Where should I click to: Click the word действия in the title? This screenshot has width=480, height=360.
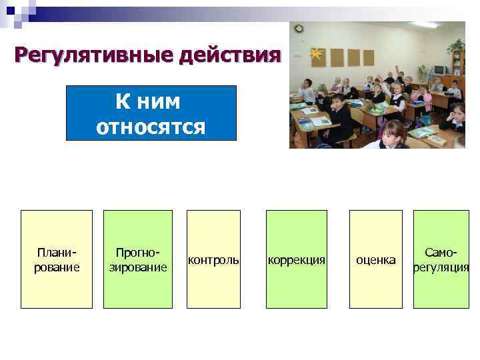pyautogui.click(x=227, y=53)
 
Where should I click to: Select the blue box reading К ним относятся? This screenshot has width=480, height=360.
pyautogui.click(x=151, y=113)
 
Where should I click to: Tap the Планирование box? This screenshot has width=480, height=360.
pyautogui.click(x=57, y=259)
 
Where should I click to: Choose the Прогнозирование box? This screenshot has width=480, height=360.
pyautogui.click(x=138, y=259)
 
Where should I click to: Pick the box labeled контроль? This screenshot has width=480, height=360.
pyautogui.click(x=213, y=259)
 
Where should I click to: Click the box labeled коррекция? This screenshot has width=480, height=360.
pyautogui.click(x=297, y=259)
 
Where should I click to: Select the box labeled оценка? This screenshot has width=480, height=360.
pyautogui.click(x=376, y=259)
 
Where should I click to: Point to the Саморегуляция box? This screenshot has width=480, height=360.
pyautogui.click(x=441, y=259)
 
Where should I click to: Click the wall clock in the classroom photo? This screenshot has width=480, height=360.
pyautogui.click(x=299, y=29)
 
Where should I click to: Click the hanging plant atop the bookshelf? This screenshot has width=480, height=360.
pyautogui.click(x=457, y=45)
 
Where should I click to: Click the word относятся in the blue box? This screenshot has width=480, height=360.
pyautogui.click(x=151, y=125)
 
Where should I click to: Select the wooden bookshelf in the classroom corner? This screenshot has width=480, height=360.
pyautogui.click(x=457, y=70)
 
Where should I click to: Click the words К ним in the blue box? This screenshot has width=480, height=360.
pyautogui.click(x=151, y=101)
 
